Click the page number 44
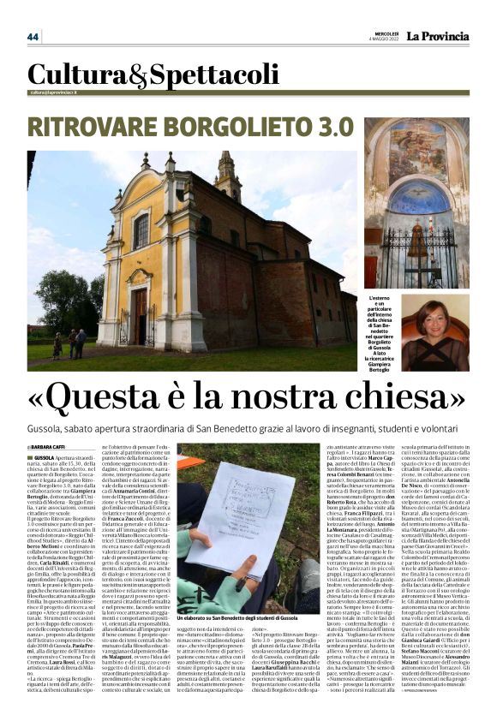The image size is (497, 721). [x=33, y=37]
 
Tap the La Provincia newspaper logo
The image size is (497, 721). [x=437, y=37]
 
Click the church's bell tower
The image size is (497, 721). [x=228, y=176]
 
